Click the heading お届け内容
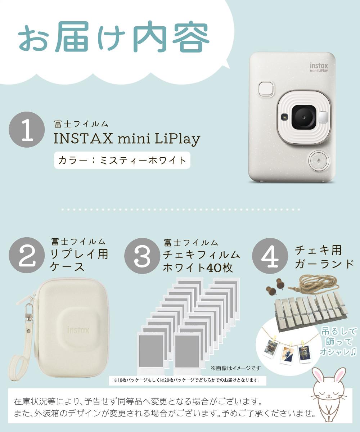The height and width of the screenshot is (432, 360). [114, 38]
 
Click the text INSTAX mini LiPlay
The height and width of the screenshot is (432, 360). [127, 139]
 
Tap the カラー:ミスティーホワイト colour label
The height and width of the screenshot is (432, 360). [122, 159]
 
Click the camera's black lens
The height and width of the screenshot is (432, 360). [303, 117]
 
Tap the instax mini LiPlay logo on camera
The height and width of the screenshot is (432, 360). [319, 68]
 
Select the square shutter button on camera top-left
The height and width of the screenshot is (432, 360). [266, 89]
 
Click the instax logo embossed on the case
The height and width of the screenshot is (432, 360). [78, 329]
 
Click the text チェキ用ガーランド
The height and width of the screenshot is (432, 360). [324, 257]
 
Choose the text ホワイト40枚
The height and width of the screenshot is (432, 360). [198, 268]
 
